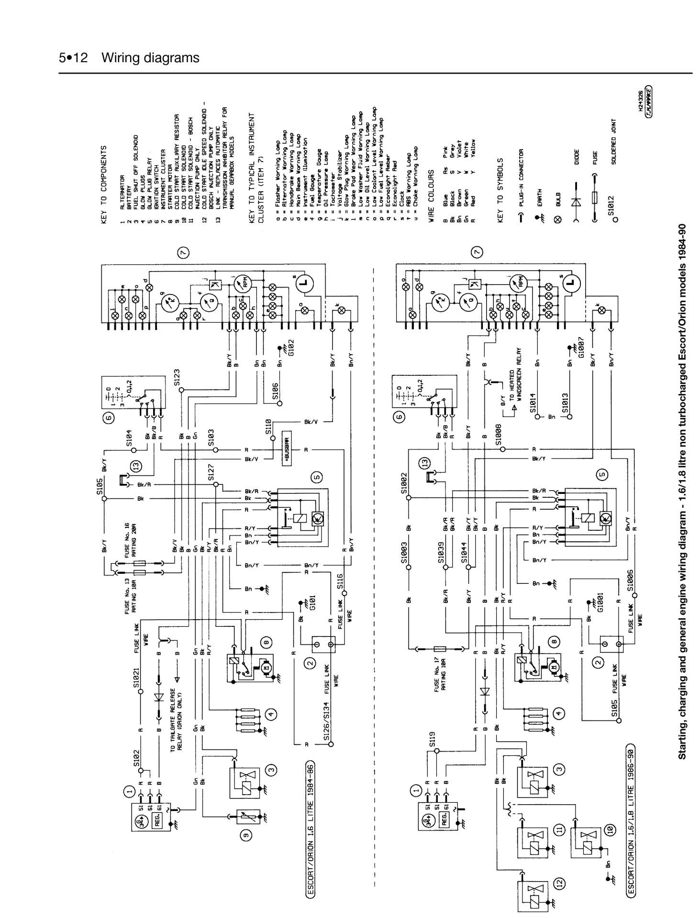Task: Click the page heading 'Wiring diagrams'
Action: click(150, 58)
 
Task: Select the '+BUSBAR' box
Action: click(287, 450)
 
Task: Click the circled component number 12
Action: click(560, 883)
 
